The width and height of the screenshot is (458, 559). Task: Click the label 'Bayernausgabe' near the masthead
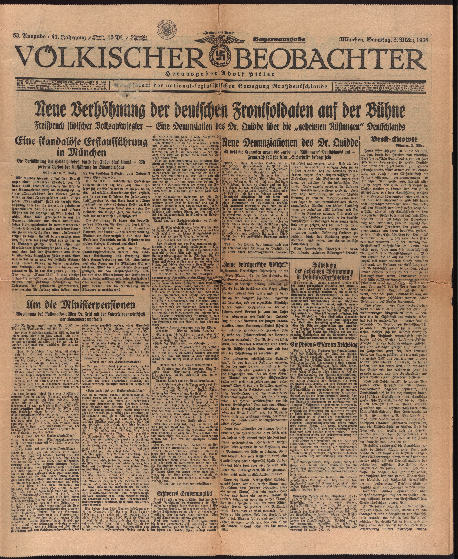tap(279, 40)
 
